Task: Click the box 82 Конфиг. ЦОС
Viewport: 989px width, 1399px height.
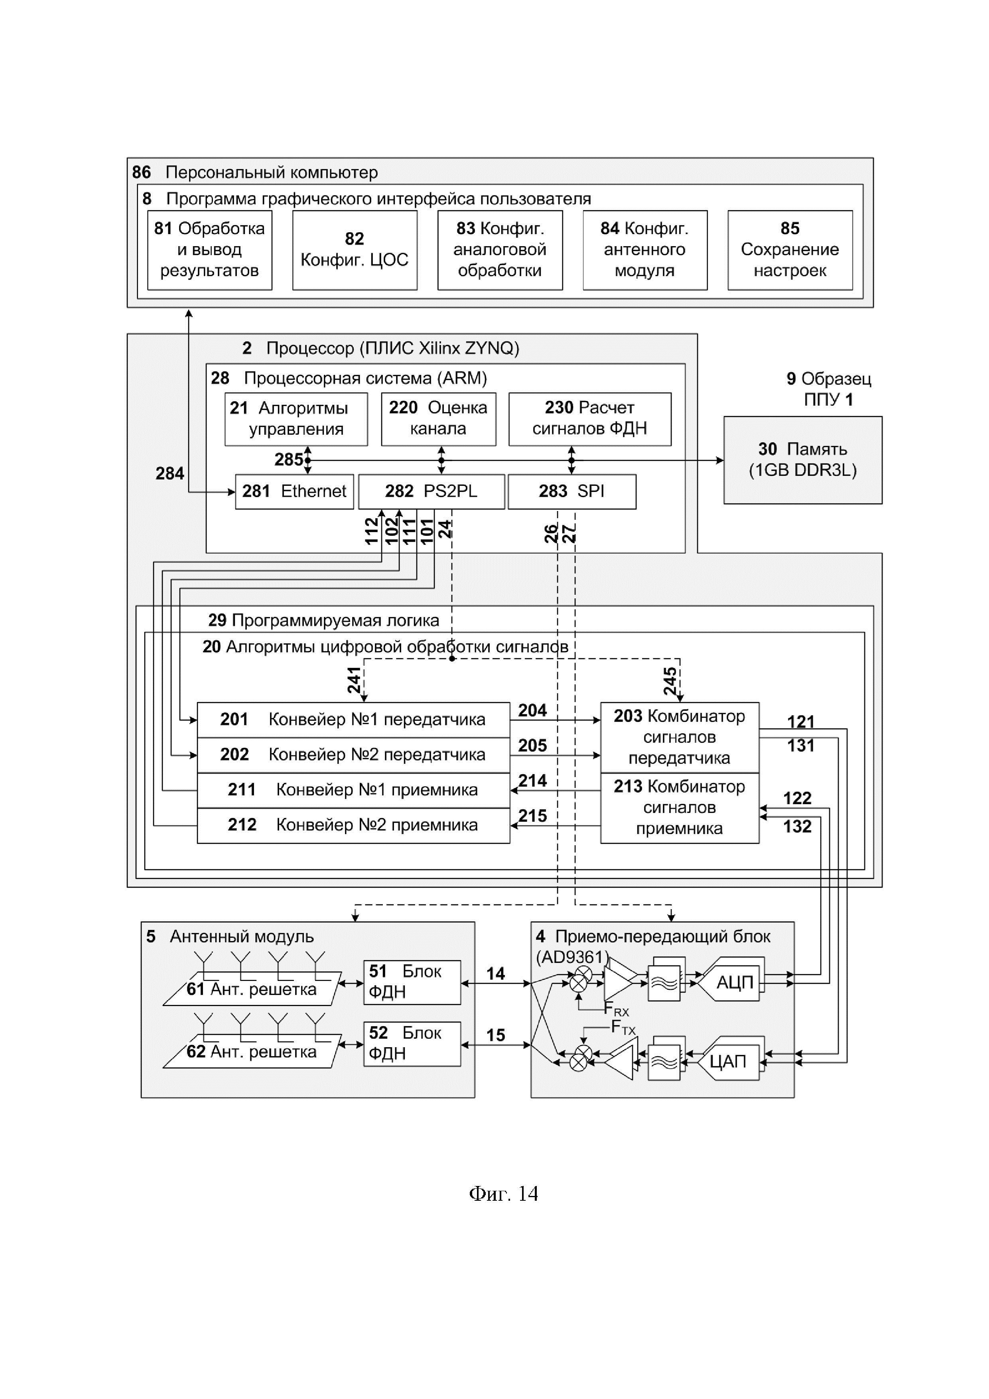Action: click(x=355, y=250)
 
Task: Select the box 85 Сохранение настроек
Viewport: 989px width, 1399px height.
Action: click(x=790, y=250)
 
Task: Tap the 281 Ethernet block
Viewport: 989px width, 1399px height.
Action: click(x=294, y=491)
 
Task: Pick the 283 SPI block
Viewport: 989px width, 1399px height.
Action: click(x=572, y=491)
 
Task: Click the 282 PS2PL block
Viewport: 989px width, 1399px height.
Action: click(x=431, y=491)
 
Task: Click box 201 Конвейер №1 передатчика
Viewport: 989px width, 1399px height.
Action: click(x=353, y=720)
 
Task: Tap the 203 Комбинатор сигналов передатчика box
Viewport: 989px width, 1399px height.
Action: click(x=680, y=737)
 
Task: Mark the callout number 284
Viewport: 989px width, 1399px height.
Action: click(x=169, y=474)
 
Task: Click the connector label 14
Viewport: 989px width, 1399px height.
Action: click(x=496, y=973)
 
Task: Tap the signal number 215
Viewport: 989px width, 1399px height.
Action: click(x=532, y=816)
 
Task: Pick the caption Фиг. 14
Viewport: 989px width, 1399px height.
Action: click(x=504, y=1193)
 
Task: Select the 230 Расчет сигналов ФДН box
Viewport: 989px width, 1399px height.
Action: click(x=589, y=418)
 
